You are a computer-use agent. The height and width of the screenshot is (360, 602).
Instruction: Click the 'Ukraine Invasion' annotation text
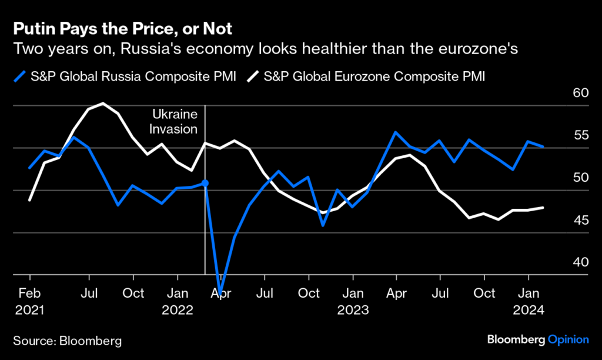click(175, 121)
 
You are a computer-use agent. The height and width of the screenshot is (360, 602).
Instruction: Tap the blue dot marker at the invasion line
click(205, 184)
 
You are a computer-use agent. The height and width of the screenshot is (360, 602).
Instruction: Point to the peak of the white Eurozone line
click(103, 104)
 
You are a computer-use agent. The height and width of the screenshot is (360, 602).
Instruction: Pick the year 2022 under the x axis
click(178, 309)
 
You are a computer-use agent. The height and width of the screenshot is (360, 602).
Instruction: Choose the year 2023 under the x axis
click(353, 309)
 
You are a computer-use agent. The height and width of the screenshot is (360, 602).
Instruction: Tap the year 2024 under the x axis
click(529, 309)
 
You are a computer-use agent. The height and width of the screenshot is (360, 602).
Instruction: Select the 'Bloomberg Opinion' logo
click(537, 339)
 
